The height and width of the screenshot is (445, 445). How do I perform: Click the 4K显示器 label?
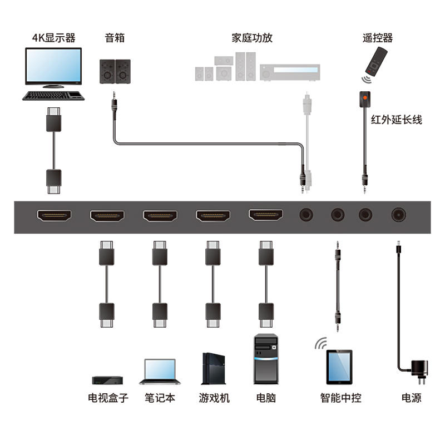coord(53,38)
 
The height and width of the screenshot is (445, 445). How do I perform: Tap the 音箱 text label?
coord(115,38)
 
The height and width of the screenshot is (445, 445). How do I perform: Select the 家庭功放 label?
coord(252,38)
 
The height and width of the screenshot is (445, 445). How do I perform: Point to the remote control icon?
coord(374,62)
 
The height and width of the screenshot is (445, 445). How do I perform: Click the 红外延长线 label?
coord(397,120)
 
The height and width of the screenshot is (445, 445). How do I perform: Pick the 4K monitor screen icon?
coord(53,67)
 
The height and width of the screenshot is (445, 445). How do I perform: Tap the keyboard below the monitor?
coord(53,95)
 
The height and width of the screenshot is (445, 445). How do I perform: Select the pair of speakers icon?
coord(115,71)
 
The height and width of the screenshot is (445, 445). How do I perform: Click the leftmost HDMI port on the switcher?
coord(54,215)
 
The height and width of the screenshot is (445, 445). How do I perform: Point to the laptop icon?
coord(160,372)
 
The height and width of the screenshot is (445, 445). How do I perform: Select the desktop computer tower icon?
coord(266,359)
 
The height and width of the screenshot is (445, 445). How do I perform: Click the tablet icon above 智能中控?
coord(339,366)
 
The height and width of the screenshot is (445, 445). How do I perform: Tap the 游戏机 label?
coord(214,398)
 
